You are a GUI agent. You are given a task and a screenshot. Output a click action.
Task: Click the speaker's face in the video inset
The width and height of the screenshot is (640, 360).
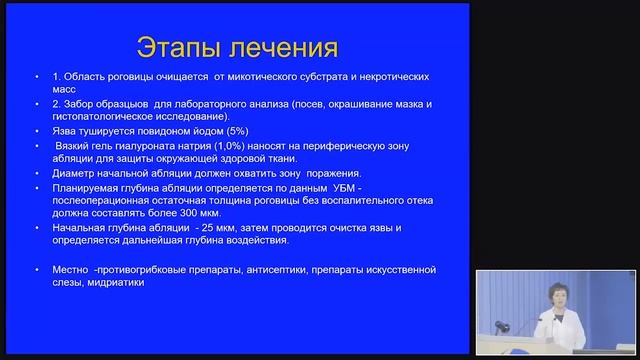(557, 297)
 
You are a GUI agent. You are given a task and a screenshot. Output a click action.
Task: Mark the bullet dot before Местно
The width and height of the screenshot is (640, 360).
(37, 270)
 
